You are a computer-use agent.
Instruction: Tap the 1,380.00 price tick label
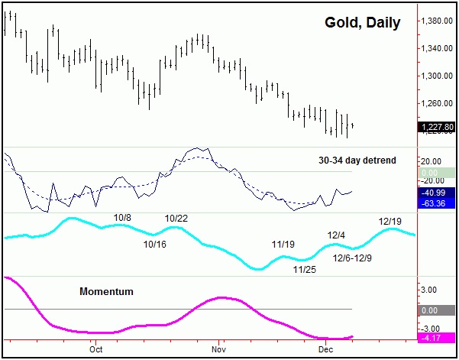[x=438, y=21]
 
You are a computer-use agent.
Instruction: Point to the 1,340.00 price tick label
[x=438, y=48]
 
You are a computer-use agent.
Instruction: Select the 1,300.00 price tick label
[x=438, y=76]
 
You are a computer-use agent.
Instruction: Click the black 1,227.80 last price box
[x=438, y=128]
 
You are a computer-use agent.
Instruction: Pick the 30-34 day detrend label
[x=355, y=161]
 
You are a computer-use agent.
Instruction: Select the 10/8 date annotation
[x=122, y=218]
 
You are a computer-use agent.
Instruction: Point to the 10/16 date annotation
[x=154, y=245]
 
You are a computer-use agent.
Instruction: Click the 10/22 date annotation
[x=176, y=219]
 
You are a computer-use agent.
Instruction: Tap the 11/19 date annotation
[x=283, y=245]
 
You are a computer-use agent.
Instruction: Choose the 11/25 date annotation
[x=305, y=269]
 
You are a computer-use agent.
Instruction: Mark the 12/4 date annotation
[x=337, y=235]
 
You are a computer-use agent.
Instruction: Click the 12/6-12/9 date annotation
[x=353, y=258]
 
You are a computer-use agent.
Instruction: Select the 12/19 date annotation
[x=390, y=222]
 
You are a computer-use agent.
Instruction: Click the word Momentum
[x=106, y=292]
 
